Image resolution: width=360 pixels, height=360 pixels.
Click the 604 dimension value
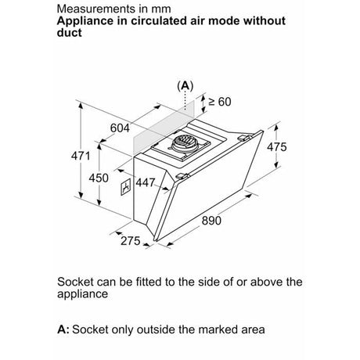(x=120, y=128)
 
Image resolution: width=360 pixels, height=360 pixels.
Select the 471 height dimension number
(x=81, y=156)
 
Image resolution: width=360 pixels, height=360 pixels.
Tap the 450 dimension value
(x=99, y=178)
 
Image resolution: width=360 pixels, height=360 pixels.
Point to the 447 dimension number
(x=146, y=182)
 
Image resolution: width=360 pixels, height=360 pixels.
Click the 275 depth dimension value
(x=131, y=240)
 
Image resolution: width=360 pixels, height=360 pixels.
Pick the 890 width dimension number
(x=211, y=221)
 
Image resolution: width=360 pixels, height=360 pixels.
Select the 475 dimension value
(x=276, y=147)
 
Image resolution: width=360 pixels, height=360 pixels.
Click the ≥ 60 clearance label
(x=220, y=102)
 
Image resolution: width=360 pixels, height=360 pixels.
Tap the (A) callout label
(x=185, y=86)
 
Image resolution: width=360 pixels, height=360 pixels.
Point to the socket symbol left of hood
(x=125, y=187)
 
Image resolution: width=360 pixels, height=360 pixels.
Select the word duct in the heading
(x=69, y=33)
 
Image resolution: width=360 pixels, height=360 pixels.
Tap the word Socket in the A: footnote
(x=90, y=329)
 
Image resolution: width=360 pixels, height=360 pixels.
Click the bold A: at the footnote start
(x=63, y=329)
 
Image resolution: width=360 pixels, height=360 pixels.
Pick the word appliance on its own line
(x=82, y=294)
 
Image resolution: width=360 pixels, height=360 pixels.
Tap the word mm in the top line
(x=161, y=9)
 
